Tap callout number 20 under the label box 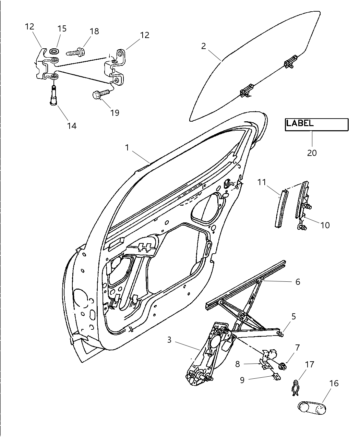(x=312, y=153)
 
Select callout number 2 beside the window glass (x=204, y=46)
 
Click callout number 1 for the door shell (x=127, y=148)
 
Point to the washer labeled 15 (x=54, y=52)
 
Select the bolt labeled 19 (x=100, y=94)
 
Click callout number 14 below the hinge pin (x=72, y=125)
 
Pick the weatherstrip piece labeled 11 (x=280, y=209)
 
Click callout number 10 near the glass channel (x=325, y=225)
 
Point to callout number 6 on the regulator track (x=298, y=282)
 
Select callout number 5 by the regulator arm (x=293, y=316)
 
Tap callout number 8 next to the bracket (x=238, y=364)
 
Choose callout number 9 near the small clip (x=242, y=380)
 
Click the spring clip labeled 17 (x=295, y=389)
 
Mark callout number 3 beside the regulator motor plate (x=169, y=340)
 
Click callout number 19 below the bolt (x=115, y=112)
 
